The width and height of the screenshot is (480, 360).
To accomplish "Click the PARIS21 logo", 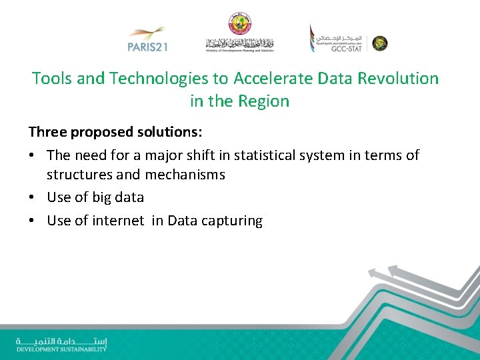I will point(146,39).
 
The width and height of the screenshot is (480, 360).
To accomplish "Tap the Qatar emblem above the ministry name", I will point(239,23).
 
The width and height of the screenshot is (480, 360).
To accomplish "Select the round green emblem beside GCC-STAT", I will point(380,43).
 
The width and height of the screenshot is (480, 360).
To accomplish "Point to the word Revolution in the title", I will point(399,79).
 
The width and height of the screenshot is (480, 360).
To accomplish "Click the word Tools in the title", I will point(52,79).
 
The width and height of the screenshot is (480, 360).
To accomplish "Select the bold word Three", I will point(49,132).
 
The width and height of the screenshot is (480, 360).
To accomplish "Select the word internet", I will point(117,221).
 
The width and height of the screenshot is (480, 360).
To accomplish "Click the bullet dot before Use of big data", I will point(32,198).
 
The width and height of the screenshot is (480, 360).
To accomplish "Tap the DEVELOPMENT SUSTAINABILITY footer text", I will point(61,349).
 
